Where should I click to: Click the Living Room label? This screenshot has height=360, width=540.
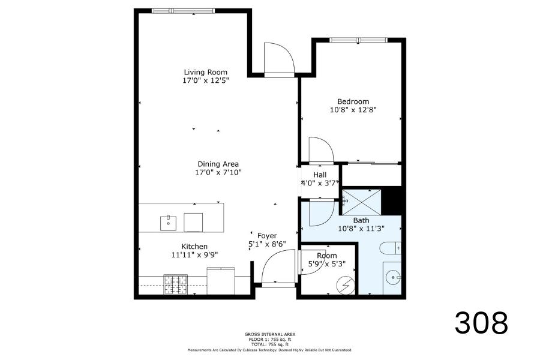pyautogui.click(x=205, y=73)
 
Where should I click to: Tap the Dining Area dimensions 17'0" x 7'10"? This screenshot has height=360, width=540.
pyautogui.click(x=218, y=172)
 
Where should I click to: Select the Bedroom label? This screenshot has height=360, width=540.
pyautogui.click(x=353, y=101)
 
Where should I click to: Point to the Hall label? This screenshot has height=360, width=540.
pyautogui.click(x=320, y=175)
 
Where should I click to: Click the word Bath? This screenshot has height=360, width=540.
pyautogui.click(x=361, y=220)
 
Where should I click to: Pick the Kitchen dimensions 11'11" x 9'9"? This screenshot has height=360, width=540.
pyautogui.click(x=194, y=255)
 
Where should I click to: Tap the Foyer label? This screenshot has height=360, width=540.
pyautogui.click(x=267, y=236)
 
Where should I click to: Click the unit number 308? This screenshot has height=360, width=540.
pyautogui.click(x=481, y=323)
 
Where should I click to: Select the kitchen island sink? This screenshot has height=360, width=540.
pyautogui.click(x=169, y=223)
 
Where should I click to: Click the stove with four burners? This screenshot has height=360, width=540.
pyautogui.click(x=176, y=284)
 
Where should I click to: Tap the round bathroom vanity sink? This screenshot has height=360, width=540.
pyautogui.click(x=392, y=277)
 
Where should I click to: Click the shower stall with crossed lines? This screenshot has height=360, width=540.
pyautogui.click(x=362, y=202)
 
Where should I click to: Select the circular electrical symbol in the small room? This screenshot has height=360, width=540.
pyautogui.click(x=346, y=286)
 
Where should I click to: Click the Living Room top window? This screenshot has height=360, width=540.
pyautogui.click(x=183, y=11)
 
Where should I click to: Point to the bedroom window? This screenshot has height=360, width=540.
pyautogui.click(x=359, y=40)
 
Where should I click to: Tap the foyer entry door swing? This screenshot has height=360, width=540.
pyautogui.click(x=278, y=268)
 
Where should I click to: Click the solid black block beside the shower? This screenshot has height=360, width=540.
pyautogui.click(x=392, y=201)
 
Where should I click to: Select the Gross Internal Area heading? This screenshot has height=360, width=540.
pyautogui.click(x=270, y=334)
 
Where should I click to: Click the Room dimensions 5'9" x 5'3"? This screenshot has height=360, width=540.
pyautogui.click(x=327, y=264)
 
